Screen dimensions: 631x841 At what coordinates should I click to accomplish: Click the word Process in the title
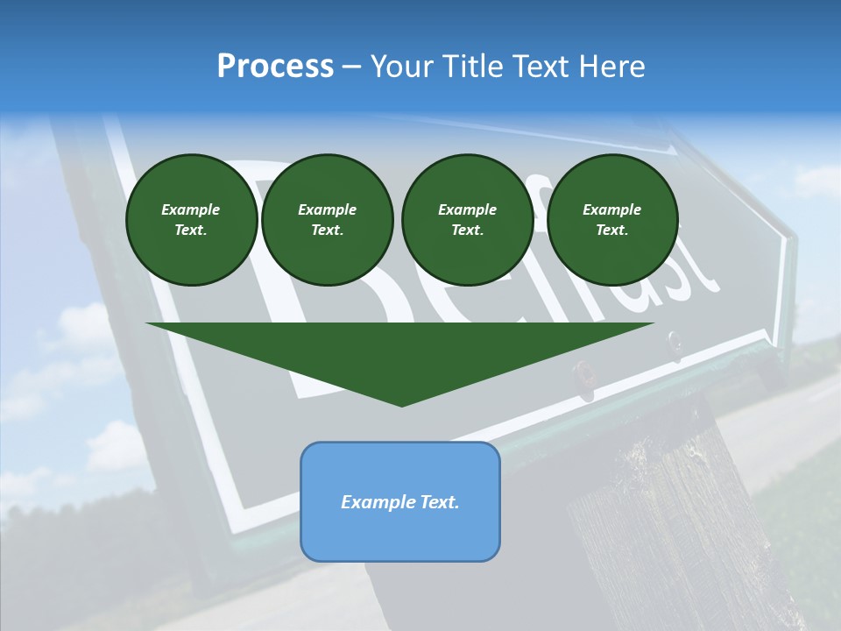click(275, 67)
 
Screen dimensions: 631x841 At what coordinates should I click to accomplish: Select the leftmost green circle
click(191, 220)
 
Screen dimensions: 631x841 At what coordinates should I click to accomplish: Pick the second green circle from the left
click(327, 220)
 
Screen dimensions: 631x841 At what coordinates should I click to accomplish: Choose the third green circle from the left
click(467, 220)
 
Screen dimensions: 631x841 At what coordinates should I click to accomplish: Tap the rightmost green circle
click(612, 220)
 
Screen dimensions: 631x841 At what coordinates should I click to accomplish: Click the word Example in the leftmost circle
click(191, 209)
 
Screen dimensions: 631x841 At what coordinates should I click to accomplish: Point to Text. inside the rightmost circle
click(612, 230)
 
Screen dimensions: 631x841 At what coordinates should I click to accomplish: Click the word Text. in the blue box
click(440, 502)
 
